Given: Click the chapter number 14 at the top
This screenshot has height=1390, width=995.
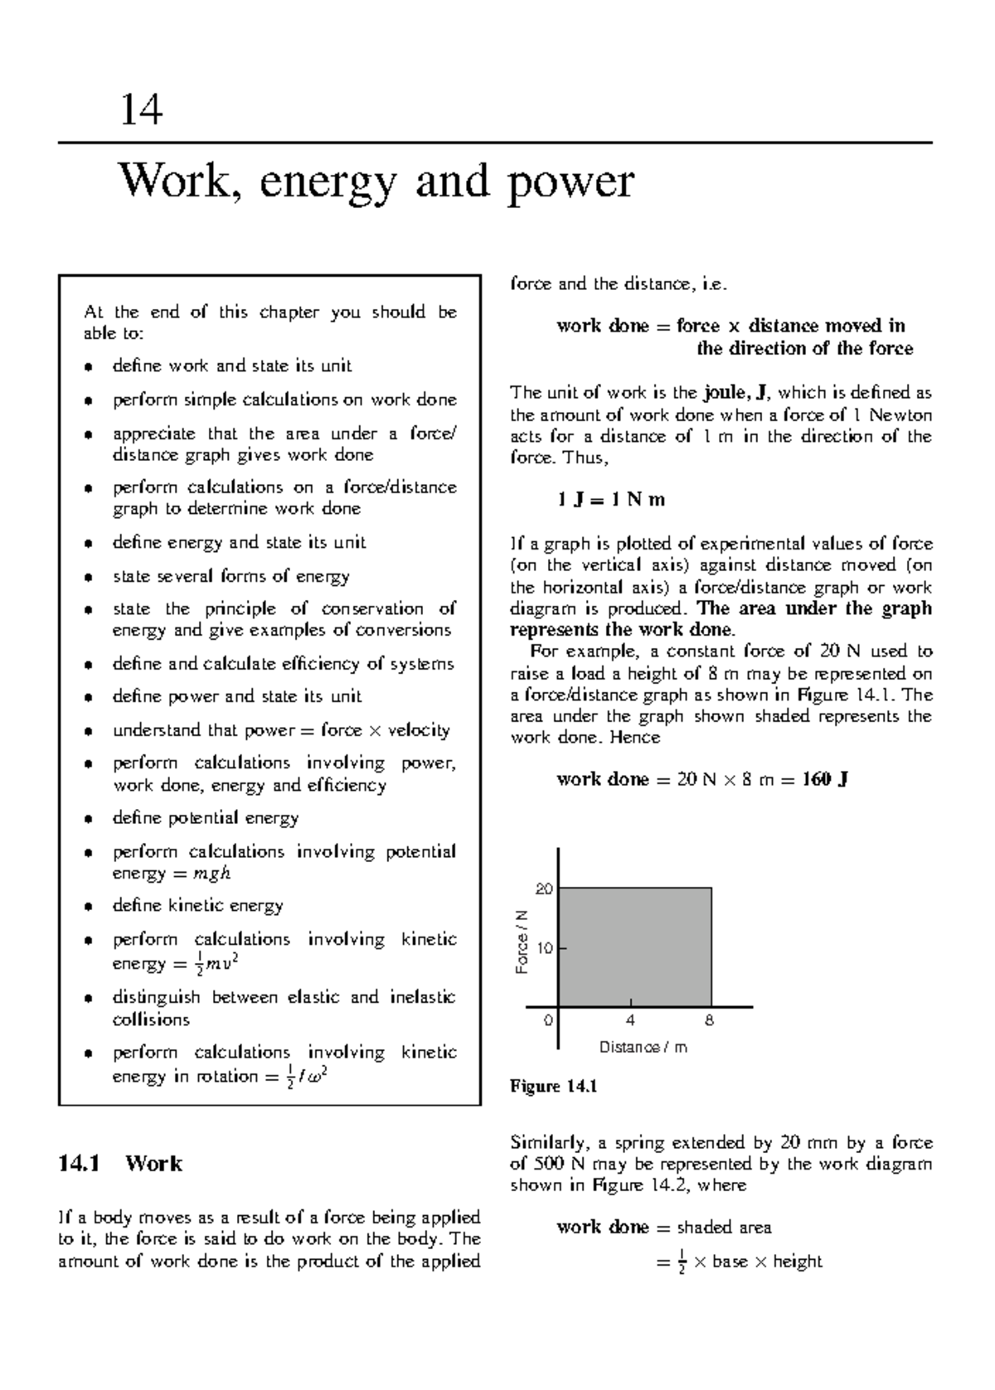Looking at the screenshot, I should [141, 109].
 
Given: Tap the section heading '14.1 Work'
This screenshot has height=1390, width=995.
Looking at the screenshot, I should [119, 1164].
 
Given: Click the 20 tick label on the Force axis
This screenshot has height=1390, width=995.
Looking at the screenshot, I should [543, 889].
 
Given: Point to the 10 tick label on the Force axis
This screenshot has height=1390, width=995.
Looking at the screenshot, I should [544, 947].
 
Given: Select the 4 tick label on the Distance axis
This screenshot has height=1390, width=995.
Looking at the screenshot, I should [631, 1020].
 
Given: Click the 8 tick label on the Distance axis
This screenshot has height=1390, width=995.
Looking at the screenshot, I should [710, 1020].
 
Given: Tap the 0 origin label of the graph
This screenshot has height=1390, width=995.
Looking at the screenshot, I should [547, 1020].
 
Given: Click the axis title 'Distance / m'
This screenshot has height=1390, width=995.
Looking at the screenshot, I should [643, 1048].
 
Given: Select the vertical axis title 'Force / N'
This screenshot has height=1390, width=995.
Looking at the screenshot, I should [522, 942].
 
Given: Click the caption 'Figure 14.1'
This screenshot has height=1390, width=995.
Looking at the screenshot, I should [554, 1087].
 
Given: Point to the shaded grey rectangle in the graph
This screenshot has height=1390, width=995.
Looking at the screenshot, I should [634, 947].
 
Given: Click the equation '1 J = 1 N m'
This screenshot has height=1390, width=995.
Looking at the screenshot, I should [611, 501].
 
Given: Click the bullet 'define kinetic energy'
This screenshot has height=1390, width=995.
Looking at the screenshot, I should [197, 906].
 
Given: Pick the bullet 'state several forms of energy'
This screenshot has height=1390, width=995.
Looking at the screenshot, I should [231, 576].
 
